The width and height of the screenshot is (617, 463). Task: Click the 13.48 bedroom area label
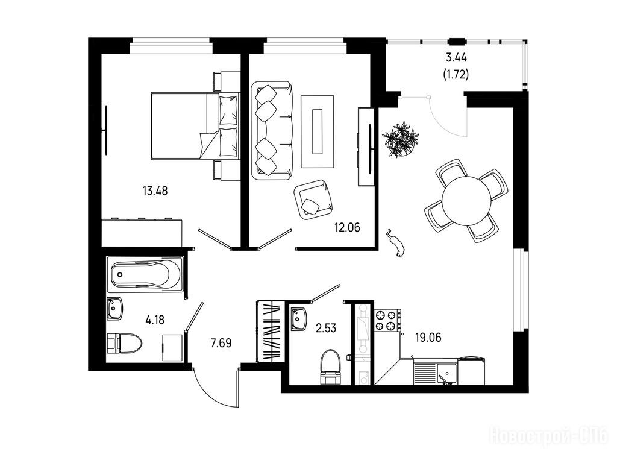(155, 191)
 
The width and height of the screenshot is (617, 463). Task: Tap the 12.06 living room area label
(348, 227)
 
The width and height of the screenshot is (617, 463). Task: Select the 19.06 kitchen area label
(428, 338)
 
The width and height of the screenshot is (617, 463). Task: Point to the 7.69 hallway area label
(221, 343)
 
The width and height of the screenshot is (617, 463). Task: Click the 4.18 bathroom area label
(155, 320)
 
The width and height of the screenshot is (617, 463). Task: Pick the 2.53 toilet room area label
(326, 327)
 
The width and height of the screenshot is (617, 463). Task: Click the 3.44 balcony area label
(456, 58)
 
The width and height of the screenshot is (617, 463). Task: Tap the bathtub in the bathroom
(145, 274)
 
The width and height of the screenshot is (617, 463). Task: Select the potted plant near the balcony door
(401, 140)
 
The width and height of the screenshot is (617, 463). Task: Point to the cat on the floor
(396, 243)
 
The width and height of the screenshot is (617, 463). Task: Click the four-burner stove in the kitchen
(387, 320)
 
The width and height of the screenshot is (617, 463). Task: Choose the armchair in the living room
(313, 200)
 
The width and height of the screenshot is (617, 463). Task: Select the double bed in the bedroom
(196, 126)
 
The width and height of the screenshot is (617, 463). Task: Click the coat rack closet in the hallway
(271, 331)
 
